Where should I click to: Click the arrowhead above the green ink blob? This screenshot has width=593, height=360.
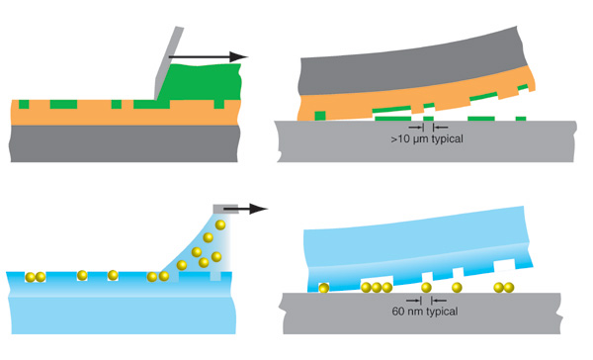pos(239,56)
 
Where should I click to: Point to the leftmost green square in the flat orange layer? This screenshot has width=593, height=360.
pos(24,104)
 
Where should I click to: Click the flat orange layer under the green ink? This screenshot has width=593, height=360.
pos(125,114)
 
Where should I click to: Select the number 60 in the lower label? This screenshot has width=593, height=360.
pos(398,312)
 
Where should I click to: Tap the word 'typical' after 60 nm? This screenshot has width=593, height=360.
pos(442,312)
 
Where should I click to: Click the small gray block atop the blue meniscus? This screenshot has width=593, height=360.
pos(225,209)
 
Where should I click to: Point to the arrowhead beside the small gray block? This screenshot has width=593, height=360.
pos(259,209)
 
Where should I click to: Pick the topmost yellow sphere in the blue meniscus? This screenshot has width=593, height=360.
pos(220,225)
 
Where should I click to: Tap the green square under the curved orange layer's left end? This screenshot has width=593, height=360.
pos(320,116)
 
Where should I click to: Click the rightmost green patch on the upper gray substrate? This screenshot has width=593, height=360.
pos(521,119)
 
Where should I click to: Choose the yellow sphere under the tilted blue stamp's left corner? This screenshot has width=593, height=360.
pos(324,288)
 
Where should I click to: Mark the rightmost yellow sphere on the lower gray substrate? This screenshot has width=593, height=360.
pos(509,288)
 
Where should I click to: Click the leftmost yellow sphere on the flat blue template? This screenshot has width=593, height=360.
pos(31,277)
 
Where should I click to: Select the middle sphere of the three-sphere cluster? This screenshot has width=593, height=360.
pos(377,288)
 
